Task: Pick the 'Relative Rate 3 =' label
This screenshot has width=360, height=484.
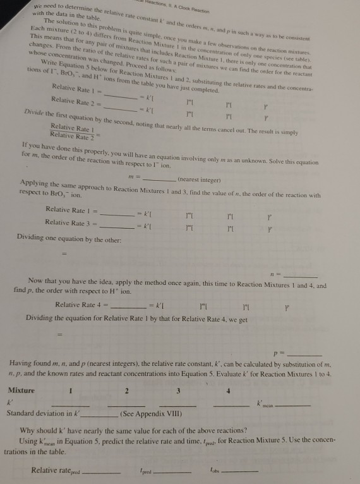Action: coord(71,222)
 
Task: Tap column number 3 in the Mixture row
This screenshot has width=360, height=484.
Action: coord(179,390)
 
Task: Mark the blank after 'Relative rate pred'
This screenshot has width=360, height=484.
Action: coord(102,470)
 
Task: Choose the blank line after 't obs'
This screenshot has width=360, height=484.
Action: coord(243,470)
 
